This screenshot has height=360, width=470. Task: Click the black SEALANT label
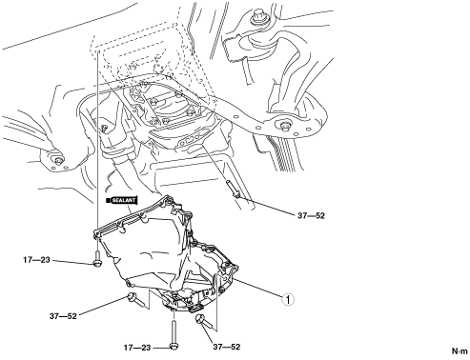(122, 200)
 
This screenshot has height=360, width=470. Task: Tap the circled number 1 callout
(288, 299)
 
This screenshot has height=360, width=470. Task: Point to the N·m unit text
(460, 351)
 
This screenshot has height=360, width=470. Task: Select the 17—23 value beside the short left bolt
(36, 260)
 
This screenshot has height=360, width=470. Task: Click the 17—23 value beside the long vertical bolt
(137, 348)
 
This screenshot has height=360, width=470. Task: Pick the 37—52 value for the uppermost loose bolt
(312, 216)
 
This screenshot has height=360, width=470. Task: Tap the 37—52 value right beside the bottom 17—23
(227, 348)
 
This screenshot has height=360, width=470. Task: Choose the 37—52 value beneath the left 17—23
(63, 316)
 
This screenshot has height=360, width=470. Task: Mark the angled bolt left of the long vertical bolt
(137, 300)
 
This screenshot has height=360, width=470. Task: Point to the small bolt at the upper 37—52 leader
(232, 189)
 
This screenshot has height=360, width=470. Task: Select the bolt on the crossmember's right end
(285, 126)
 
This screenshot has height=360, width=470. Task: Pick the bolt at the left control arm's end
(57, 160)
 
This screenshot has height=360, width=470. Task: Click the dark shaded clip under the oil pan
(195, 308)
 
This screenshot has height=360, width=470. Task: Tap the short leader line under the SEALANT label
(129, 209)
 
